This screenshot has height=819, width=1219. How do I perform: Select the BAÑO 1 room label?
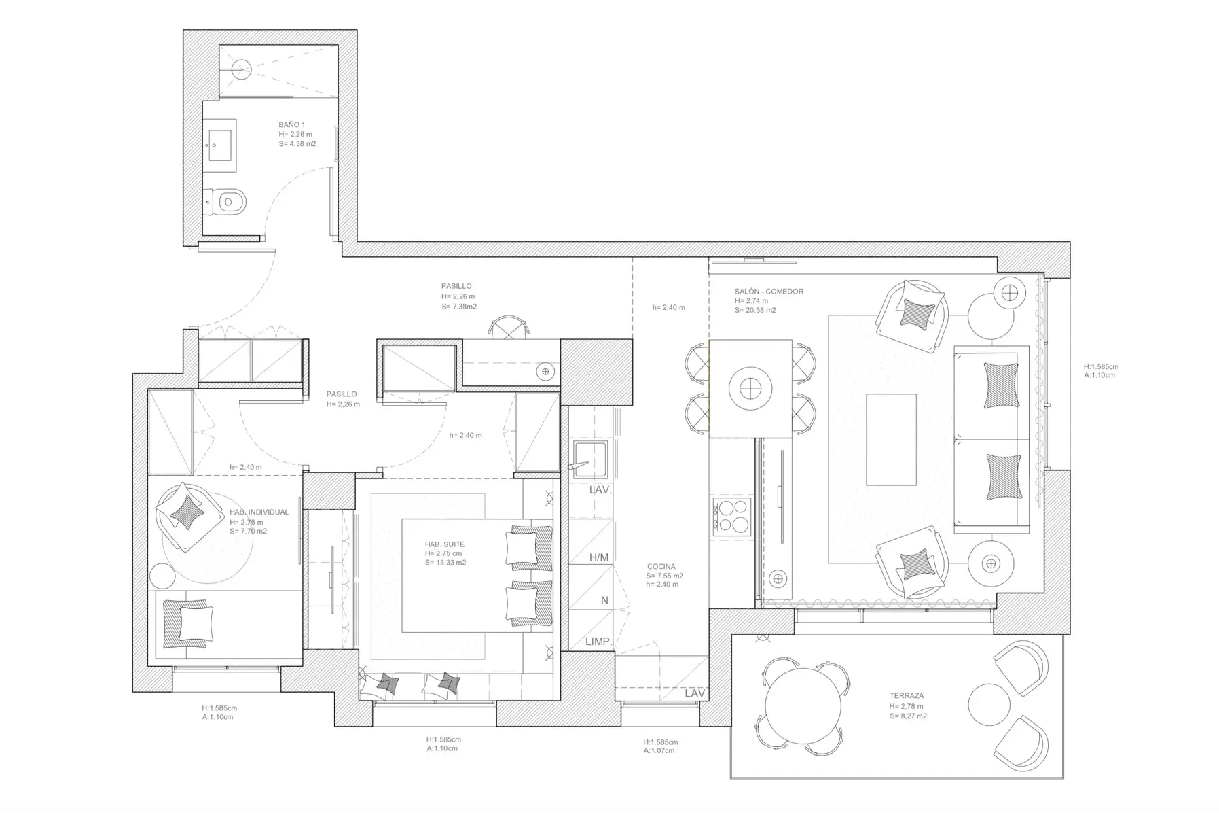pos(292,125)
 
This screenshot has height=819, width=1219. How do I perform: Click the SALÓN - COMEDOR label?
pos(769,292)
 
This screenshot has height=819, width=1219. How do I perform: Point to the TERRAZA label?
pos(907,696)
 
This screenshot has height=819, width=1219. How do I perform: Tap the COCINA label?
pos(661,567)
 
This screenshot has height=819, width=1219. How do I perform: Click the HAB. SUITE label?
pos(445,544)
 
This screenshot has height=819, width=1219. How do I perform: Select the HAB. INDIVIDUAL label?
pos(259,512)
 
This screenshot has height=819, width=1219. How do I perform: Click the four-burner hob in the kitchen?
pos(731,515)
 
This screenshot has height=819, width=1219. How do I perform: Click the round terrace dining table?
pos(803,705)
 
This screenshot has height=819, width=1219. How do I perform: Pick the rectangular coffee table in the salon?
pos(891,439)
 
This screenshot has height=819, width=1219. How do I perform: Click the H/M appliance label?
pos(598,558)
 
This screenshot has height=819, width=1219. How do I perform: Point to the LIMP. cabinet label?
pos(598,642)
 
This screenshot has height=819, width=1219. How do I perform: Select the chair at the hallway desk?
pos(509,327)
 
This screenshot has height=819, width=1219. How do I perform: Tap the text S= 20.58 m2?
pos(755,310)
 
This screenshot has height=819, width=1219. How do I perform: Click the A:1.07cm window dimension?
pos(659,751)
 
